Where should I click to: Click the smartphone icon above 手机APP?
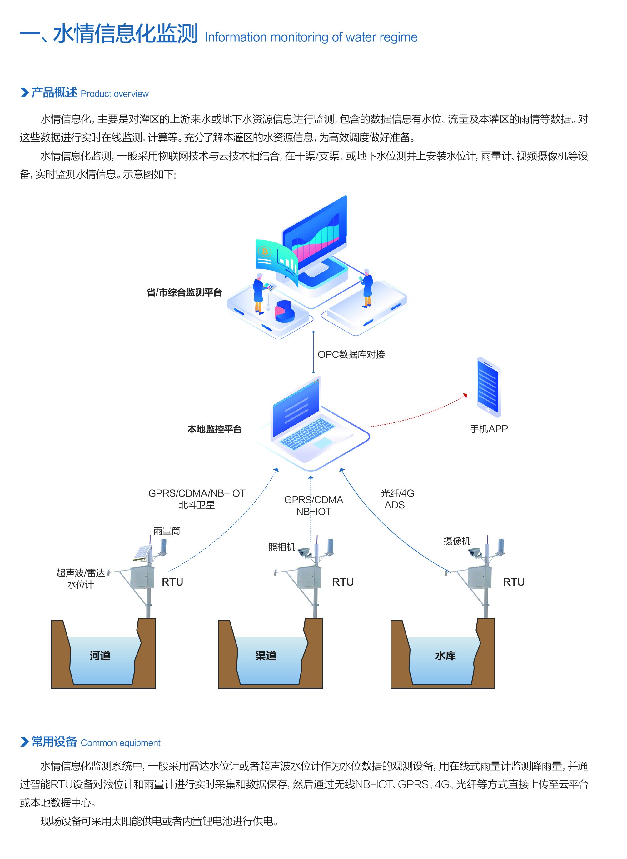coord(489,387)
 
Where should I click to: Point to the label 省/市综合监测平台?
coord(184,292)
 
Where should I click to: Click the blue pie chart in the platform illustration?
coord(284,311)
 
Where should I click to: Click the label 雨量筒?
coord(167,531)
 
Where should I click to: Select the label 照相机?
coord(281,547)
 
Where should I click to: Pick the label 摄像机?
coord(457,541)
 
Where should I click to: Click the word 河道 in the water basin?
coord(100,656)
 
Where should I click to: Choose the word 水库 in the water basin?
coord(445,656)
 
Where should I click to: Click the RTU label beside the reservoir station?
coord(514,582)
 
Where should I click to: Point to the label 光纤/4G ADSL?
coord(397,499)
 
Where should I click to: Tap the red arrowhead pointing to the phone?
coord(465,396)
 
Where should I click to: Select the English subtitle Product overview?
coord(115,94)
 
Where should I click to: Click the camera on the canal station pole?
coord(304,552)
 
